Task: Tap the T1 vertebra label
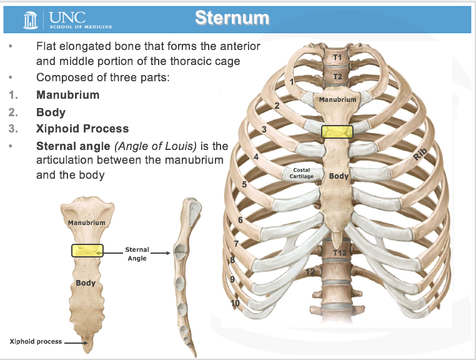tap(337, 57)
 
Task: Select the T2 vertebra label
tap(337, 77)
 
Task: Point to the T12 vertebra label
tap(339, 252)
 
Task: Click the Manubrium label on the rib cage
tap(337, 99)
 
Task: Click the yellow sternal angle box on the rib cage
tap(337, 131)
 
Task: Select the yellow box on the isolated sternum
tap(87, 251)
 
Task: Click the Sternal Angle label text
tap(137, 254)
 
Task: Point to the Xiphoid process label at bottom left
tap(36, 341)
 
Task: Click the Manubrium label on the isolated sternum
tap(86, 222)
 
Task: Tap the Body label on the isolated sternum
tap(86, 283)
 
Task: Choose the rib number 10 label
tap(235, 303)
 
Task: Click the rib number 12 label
tap(310, 272)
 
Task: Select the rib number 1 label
tap(292, 82)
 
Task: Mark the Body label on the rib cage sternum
tap(339, 176)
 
